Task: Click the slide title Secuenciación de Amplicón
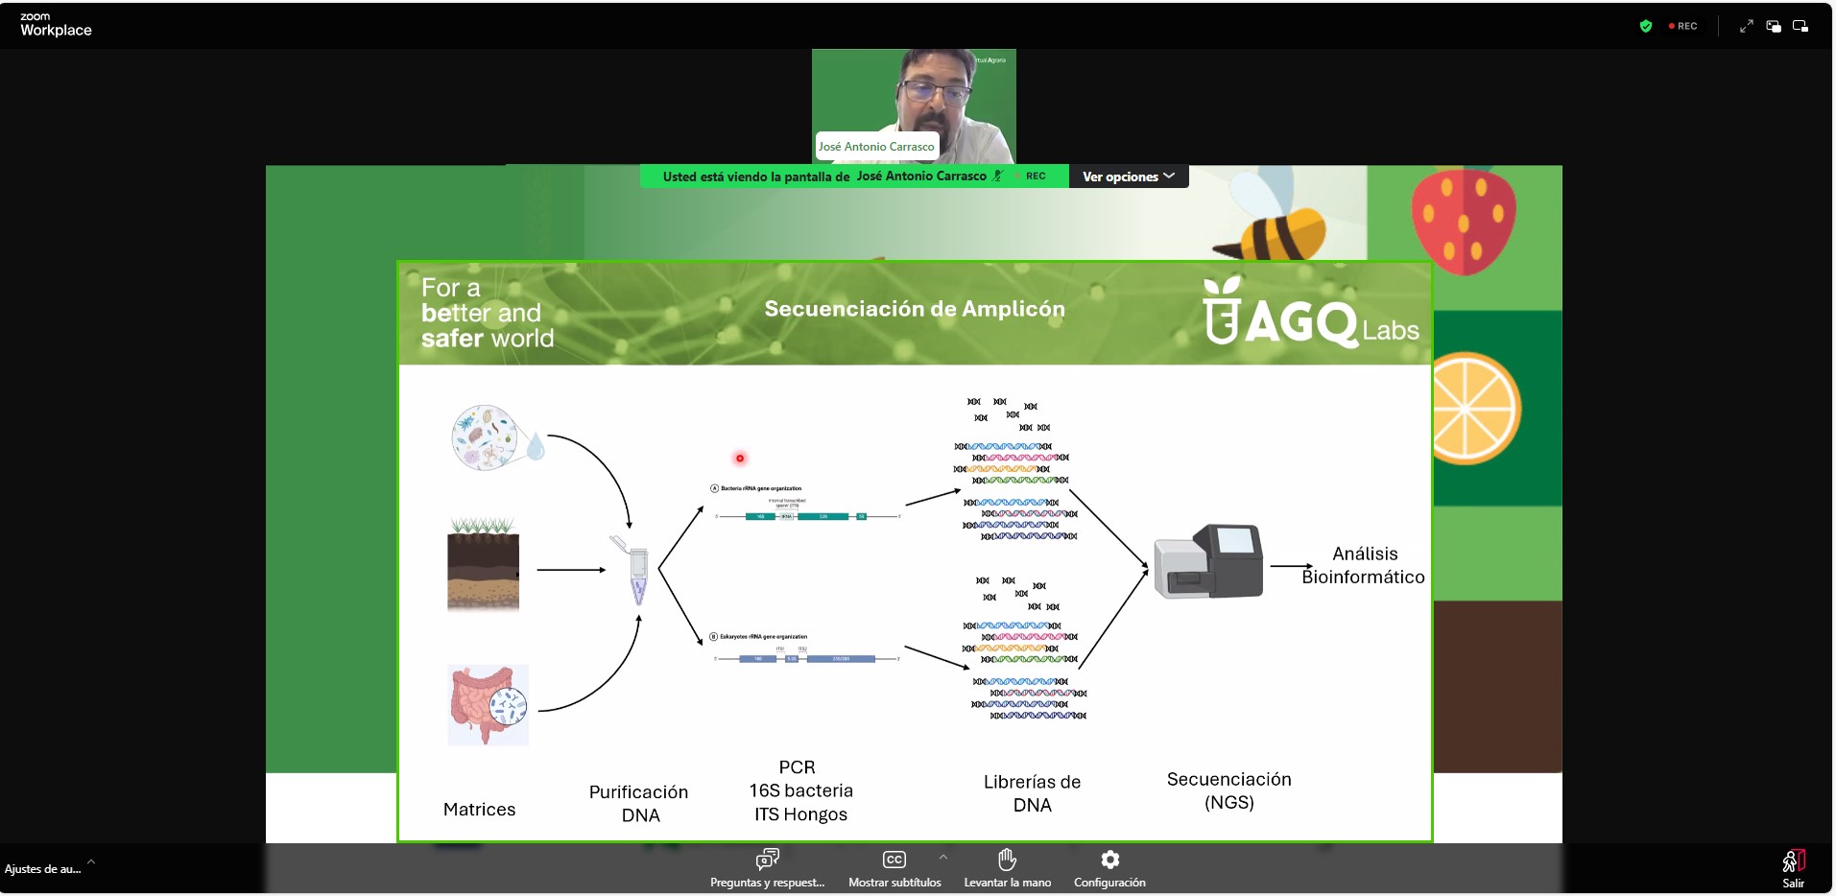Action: [x=914, y=309]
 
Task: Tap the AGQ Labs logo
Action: [x=1309, y=315]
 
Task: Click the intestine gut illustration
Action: [x=488, y=705]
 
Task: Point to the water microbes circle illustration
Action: [x=487, y=437]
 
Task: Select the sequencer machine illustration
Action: [x=1208, y=562]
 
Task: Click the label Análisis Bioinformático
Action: [x=1363, y=565]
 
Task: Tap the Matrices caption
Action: [x=479, y=810]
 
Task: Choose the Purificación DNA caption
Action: [x=638, y=803]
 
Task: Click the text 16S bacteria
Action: [x=800, y=790]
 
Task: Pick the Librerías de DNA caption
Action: [x=1032, y=793]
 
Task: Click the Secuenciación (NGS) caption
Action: [x=1228, y=790]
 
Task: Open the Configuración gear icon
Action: [x=1109, y=860]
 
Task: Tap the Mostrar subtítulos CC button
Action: [x=894, y=860]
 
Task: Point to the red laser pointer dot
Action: [x=740, y=459]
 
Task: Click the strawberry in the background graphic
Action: [x=1463, y=221]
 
